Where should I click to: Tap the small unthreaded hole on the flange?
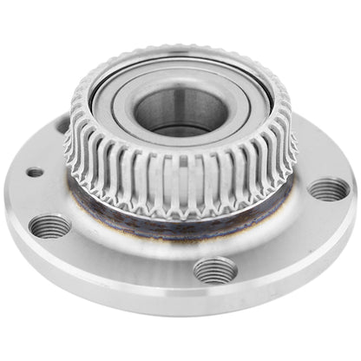point(35,172)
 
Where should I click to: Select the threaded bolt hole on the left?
point(49,226)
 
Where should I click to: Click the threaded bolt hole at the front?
point(214,270)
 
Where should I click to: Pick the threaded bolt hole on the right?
point(329,188)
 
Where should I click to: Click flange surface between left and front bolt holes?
point(121,256)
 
